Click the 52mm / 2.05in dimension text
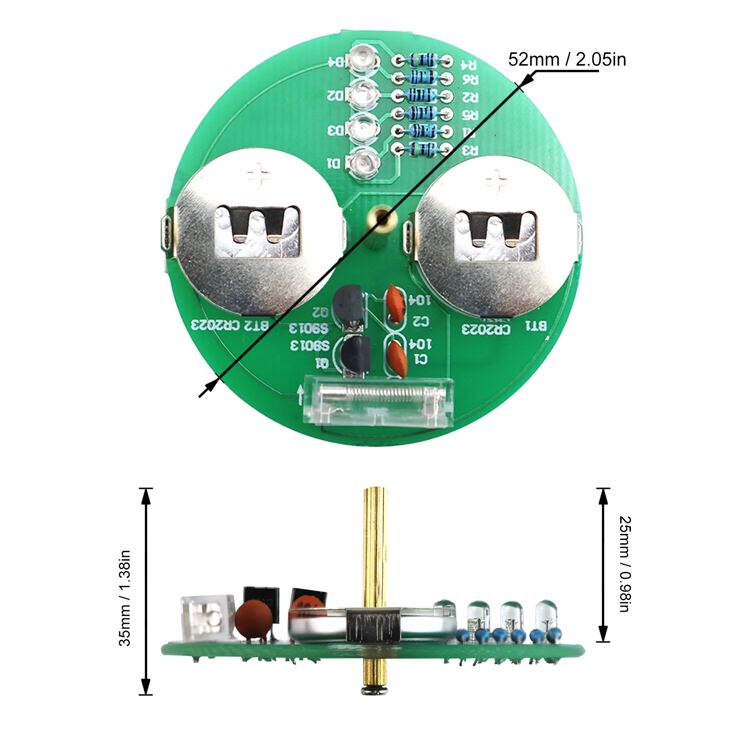(567, 60)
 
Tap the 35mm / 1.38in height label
(125, 598)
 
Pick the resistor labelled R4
(423, 60)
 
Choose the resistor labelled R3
(423, 150)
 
